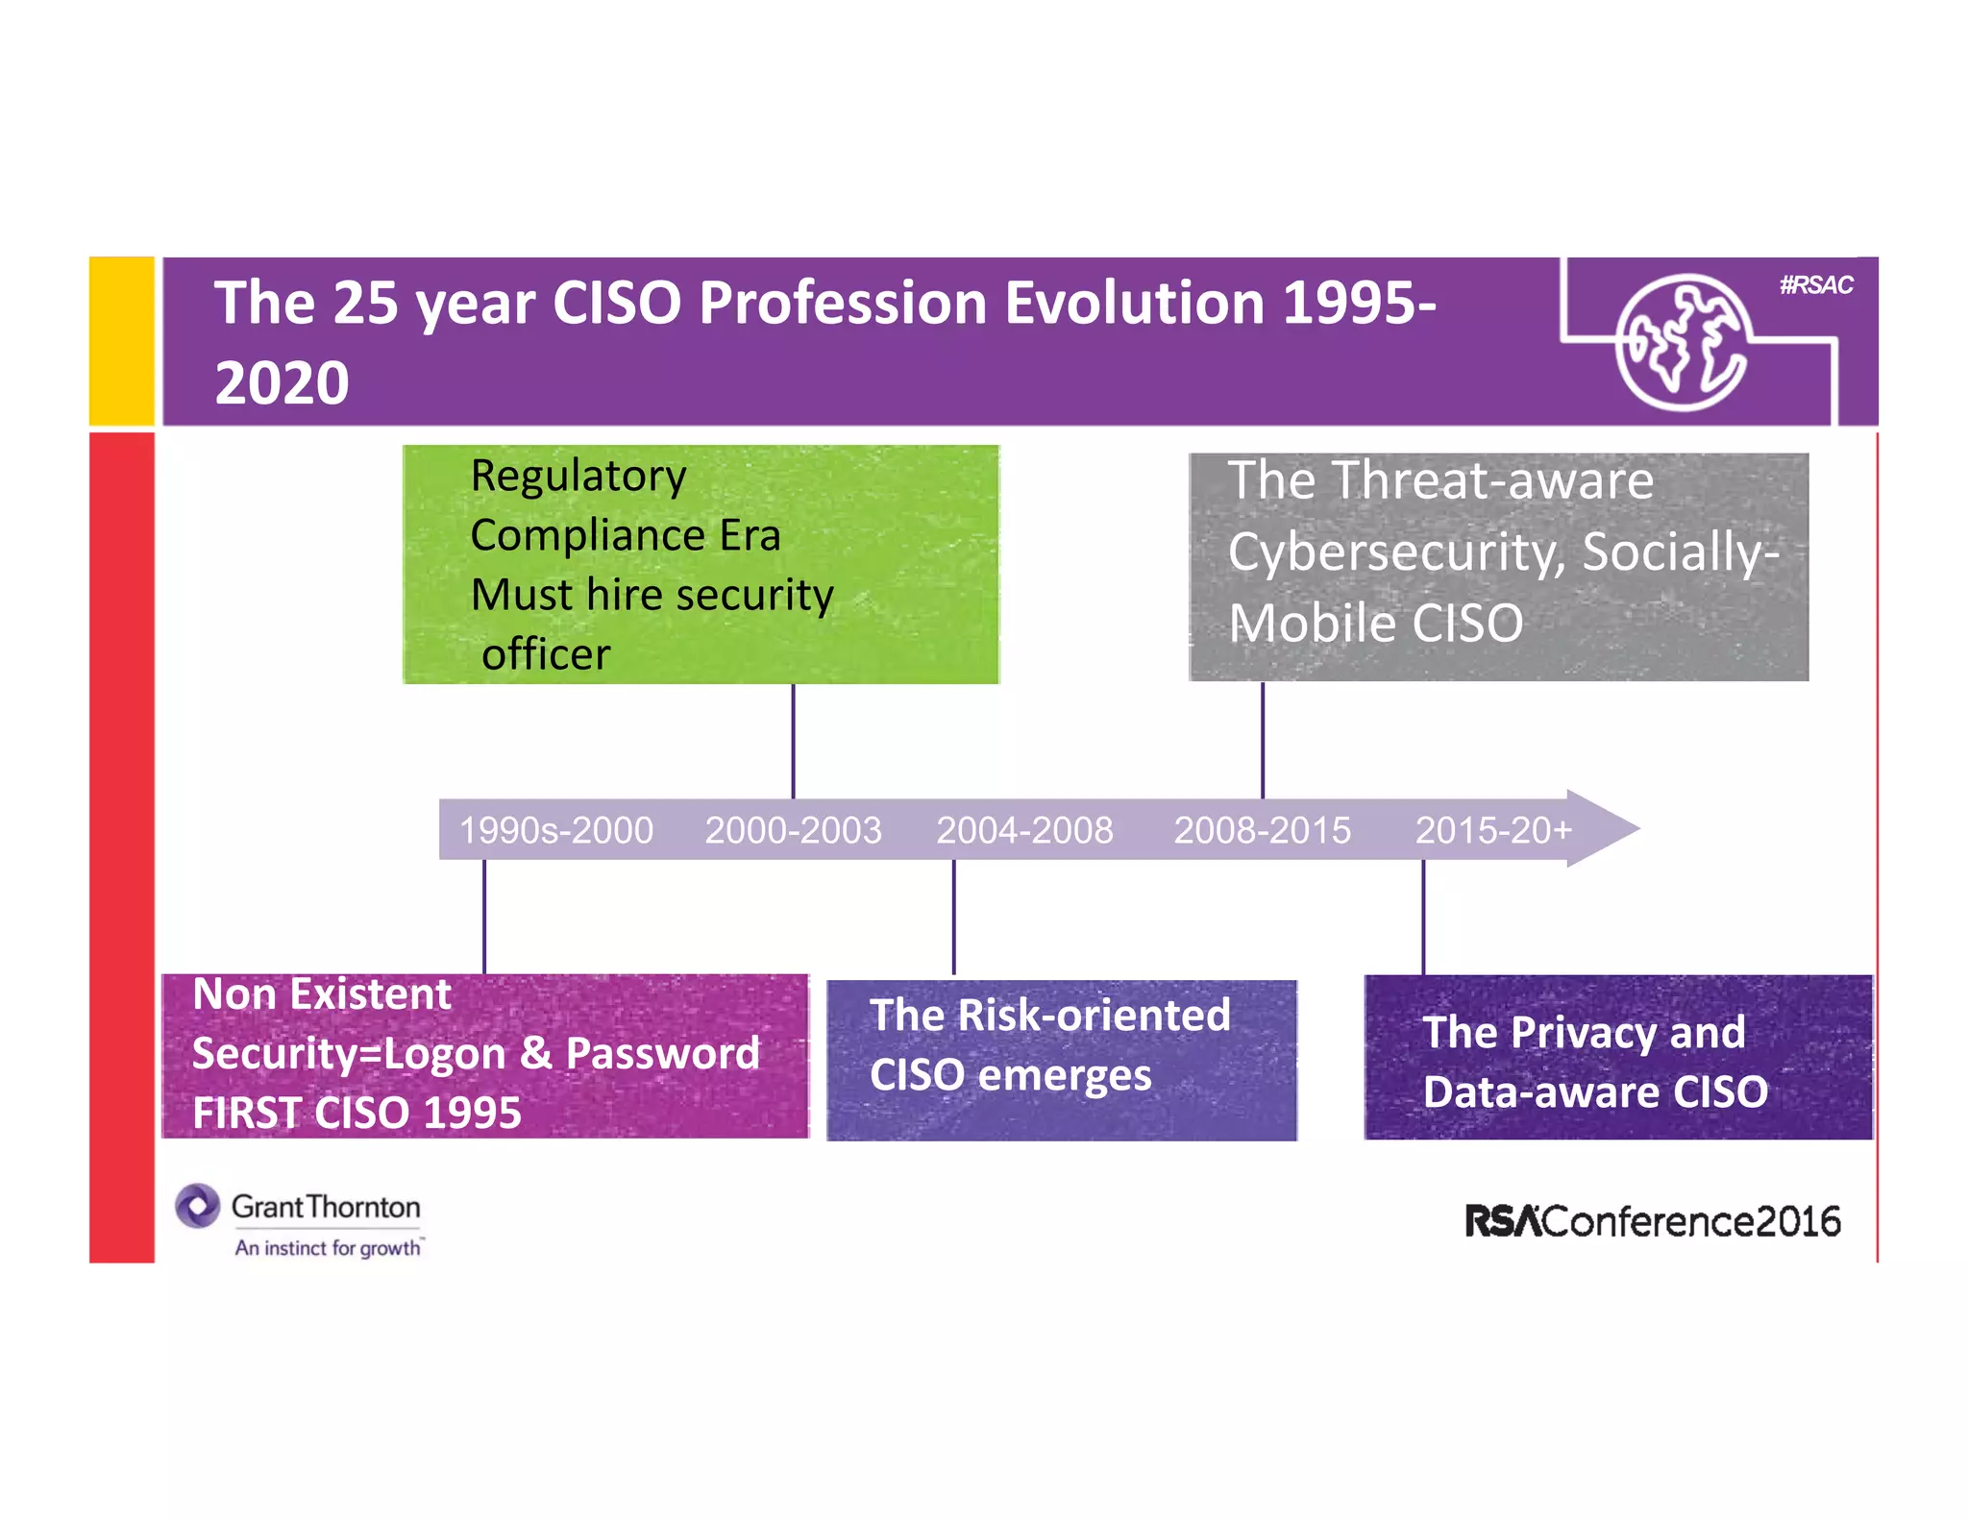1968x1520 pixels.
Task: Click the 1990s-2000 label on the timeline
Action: point(555,830)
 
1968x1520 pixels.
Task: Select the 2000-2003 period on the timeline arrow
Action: point(793,830)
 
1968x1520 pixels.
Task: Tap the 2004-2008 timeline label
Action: point(1024,830)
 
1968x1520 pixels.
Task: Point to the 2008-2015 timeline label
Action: point(1262,830)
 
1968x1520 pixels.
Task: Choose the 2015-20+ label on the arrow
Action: point(1493,830)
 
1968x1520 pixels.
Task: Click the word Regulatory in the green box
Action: point(578,476)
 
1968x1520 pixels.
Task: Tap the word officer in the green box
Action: point(546,654)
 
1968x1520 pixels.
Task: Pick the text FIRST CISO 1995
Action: point(357,1113)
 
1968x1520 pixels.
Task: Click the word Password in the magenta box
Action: point(663,1053)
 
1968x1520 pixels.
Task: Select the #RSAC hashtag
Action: point(1815,285)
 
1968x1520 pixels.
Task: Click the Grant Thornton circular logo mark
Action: point(198,1206)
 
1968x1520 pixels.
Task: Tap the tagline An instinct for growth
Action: point(328,1248)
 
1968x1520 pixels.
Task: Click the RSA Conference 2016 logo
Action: point(1652,1221)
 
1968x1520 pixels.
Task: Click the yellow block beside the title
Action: point(122,341)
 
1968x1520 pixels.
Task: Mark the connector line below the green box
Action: point(793,740)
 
